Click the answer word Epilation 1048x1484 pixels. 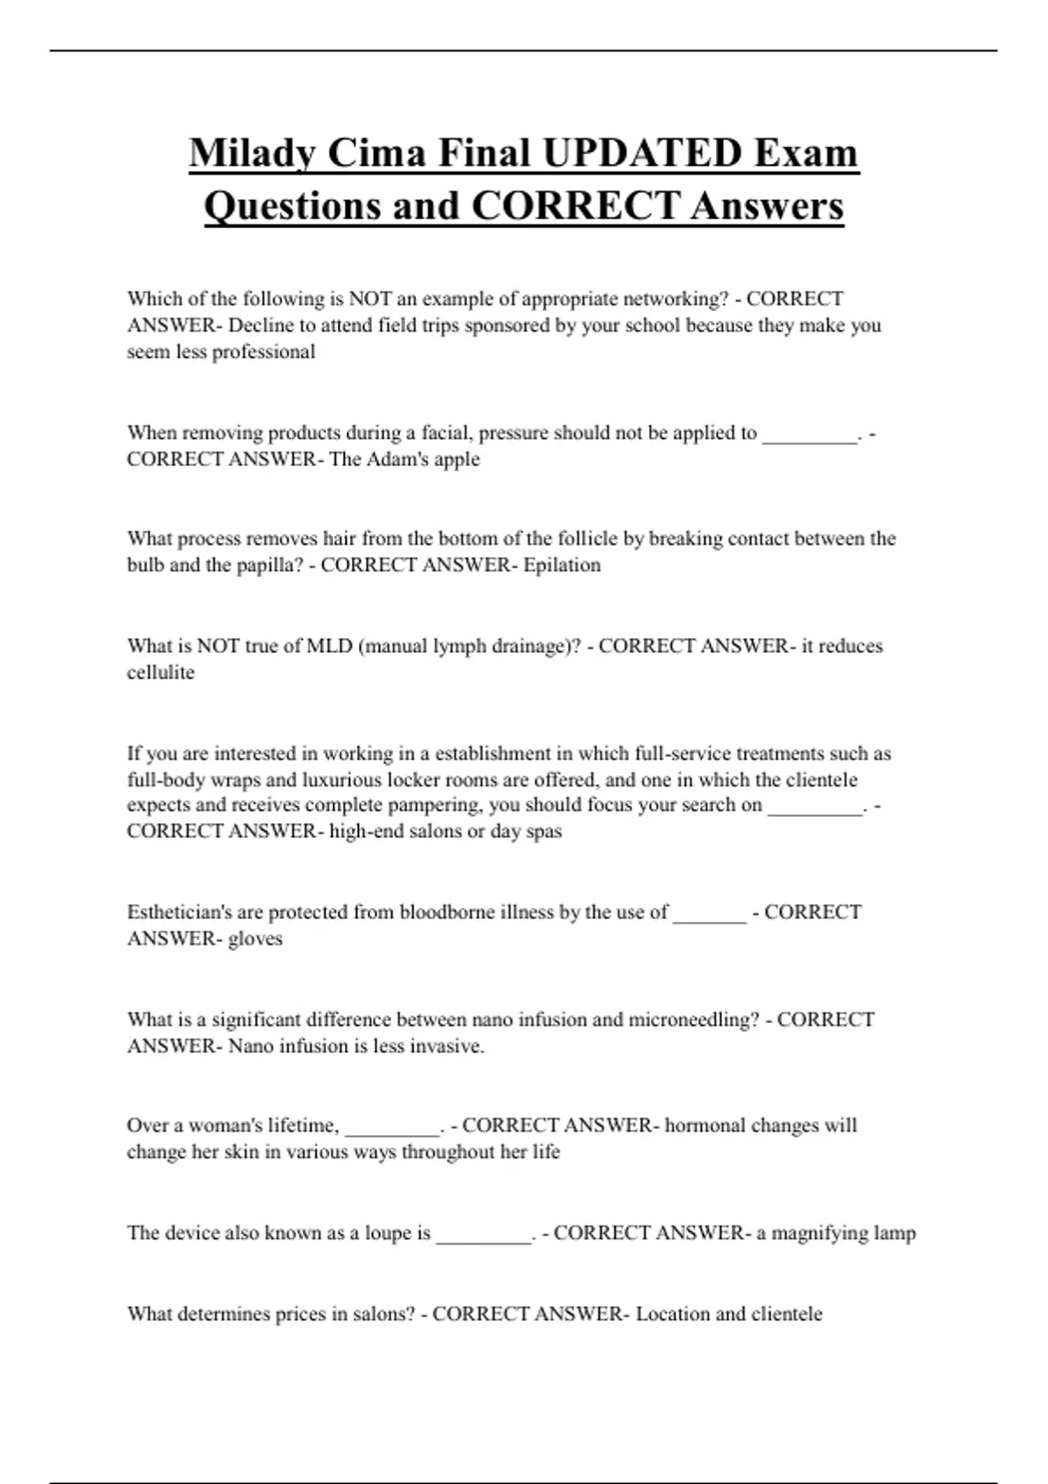[x=562, y=565]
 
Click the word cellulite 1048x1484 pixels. [x=161, y=673]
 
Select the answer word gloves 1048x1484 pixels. [x=255, y=939]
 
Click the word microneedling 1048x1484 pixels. [x=693, y=1020]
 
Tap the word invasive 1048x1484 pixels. [x=451, y=1046]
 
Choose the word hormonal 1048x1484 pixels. [x=704, y=1125]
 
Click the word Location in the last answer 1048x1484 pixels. [x=672, y=1314]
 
